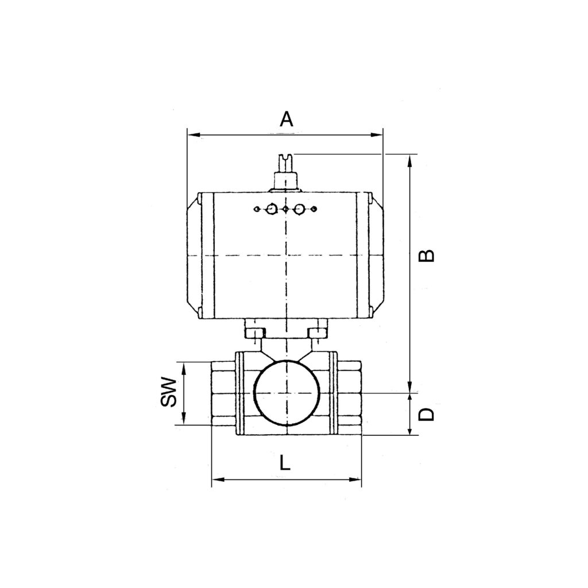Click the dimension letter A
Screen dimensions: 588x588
coord(286,119)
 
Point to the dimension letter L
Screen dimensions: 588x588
coord(285,462)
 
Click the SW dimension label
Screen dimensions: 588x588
coord(168,392)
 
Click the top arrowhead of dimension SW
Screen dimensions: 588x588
coord(184,366)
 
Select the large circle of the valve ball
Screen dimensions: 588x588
coord(285,392)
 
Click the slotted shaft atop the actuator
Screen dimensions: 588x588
coord(285,171)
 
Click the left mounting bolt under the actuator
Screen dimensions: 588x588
coord(254,332)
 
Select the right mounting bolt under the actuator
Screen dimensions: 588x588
coord(316,332)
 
